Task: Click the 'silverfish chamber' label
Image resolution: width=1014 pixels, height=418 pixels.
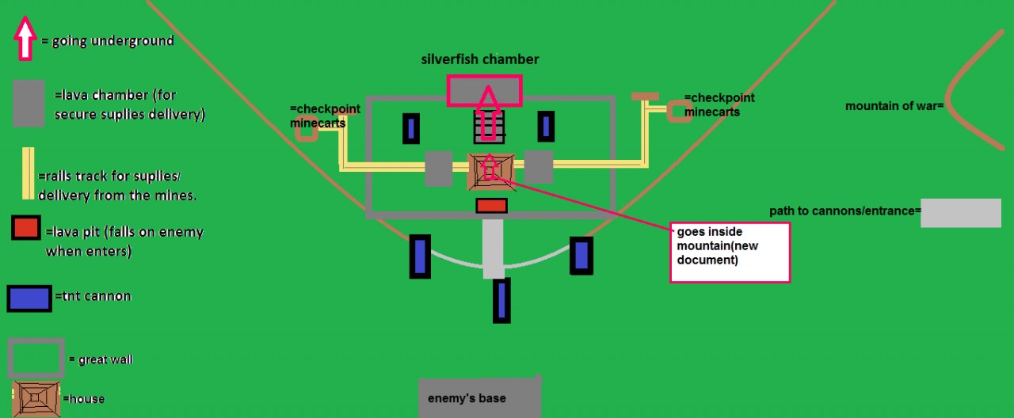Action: coord(480,59)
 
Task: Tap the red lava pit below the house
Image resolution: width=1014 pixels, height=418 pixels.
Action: coord(491,206)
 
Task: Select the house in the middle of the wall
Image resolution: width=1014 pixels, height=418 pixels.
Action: coord(490,171)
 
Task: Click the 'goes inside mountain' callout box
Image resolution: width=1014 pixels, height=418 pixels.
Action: coord(730,252)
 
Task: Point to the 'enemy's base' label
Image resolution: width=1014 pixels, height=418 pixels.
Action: coord(467,397)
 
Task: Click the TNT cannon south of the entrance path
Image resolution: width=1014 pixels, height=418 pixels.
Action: coord(501,301)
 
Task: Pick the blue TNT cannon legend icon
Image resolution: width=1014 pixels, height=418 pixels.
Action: coord(29,298)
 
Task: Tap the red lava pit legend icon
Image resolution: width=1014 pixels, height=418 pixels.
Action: coord(25,228)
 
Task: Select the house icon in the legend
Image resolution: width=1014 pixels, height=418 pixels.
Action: coord(36,399)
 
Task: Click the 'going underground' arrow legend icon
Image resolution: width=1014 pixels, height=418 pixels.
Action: coord(25,39)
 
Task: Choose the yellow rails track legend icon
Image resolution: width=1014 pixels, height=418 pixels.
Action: coord(28,173)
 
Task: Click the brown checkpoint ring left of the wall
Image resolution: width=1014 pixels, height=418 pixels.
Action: coord(306,131)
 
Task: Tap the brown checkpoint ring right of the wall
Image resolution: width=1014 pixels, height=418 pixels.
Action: coord(679,111)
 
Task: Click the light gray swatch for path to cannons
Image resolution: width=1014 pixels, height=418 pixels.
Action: coord(960,213)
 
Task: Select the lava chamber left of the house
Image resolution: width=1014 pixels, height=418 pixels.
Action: coord(438,168)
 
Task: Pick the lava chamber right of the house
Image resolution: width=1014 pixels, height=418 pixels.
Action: coord(539,167)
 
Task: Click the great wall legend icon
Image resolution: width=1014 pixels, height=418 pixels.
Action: coord(36,359)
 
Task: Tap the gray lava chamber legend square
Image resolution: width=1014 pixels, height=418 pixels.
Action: coord(29,104)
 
